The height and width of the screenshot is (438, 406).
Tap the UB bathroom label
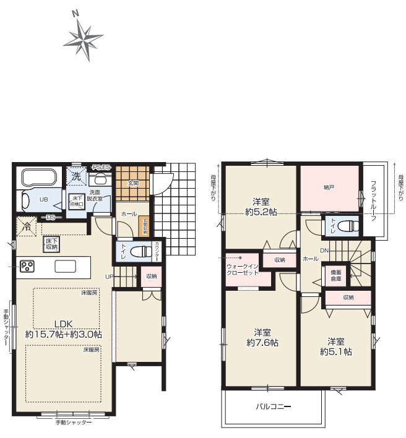click(44, 200)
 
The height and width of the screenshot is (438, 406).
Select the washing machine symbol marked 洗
click(76, 176)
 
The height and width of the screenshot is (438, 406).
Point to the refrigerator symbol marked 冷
click(27, 227)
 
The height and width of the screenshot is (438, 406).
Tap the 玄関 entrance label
click(133, 183)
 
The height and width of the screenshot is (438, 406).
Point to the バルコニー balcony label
click(274, 406)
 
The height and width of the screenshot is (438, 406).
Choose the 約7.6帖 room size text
click(262, 342)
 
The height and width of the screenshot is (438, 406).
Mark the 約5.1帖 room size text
click(336, 351)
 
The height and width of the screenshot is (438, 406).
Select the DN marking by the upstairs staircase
click(324, 250)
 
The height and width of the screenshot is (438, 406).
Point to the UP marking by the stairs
click(109, 276)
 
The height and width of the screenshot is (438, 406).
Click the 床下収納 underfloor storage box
click(51, 244)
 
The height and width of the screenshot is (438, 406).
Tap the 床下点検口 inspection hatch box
click(77, 200)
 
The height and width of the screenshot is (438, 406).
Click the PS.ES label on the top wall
click(101, 167)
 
